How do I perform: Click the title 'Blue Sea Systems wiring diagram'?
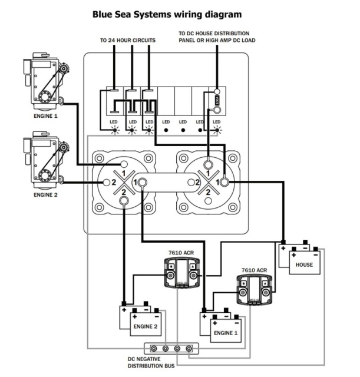[167, 14]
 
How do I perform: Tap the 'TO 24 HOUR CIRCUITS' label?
[128, 40]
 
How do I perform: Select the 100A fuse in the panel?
[217, 100]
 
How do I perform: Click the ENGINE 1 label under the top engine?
[45, 116]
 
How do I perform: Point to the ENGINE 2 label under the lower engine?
[45, 195]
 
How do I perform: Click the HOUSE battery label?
[304, 264]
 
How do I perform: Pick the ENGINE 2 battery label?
[146, 326]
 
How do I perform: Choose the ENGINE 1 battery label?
[226, 333]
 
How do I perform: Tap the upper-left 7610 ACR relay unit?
[181, 272]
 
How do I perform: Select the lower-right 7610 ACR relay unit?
[255, 290]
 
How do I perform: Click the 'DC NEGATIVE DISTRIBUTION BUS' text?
[151, 362]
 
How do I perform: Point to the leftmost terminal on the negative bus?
[154, 348]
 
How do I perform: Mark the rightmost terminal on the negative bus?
[189, 348]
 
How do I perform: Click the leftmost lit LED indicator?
[115, 130]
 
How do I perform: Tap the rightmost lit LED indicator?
[217, 130]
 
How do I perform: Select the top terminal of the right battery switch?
[208, 165]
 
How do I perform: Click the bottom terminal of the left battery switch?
[124, 200]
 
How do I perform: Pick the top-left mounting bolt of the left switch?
[99, 158]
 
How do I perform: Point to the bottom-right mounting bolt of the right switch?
[233, 207]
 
